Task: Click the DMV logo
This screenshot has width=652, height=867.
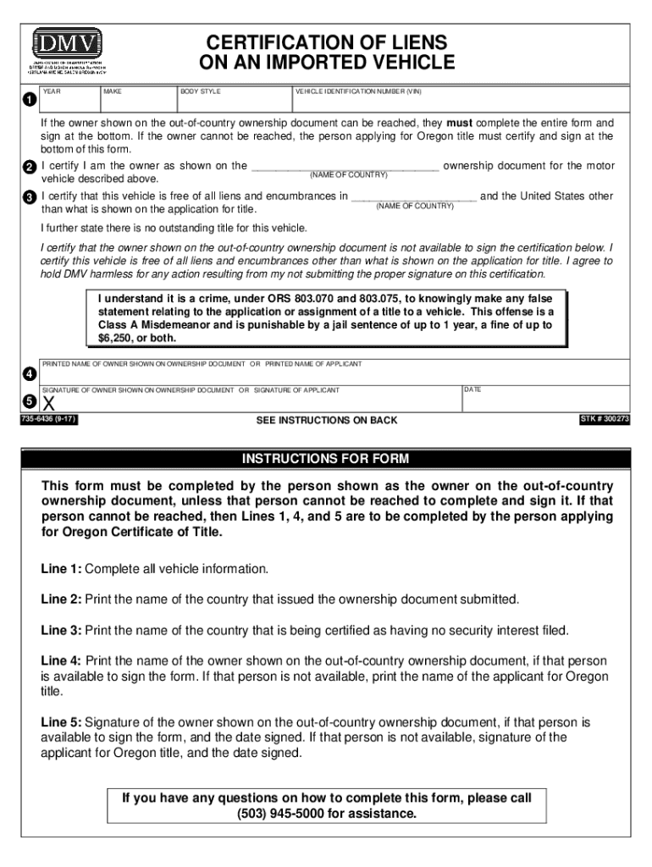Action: [x=67, y=41]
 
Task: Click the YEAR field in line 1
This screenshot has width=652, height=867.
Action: [x=69, y=102]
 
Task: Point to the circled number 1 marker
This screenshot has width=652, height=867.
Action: [x=29, y=101]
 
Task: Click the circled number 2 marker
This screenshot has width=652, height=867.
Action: [x=29, y=168]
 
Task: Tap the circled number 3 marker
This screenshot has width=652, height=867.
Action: [x=29, y=197]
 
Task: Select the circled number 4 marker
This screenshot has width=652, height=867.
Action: [x=29, y=373]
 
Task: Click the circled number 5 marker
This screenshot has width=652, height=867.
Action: [x=29, y=400]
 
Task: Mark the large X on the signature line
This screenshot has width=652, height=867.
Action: [x=48, y=404]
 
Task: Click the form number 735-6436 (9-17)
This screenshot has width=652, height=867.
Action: [x=50, y=419]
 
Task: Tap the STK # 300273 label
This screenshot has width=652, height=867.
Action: [x=604, y=419]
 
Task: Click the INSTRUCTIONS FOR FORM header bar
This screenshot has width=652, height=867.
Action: [x=326, y=459]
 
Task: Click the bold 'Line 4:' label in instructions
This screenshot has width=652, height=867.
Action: [x=61, y=660]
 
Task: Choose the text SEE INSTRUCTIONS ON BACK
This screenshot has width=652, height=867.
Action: [x=326, y=421]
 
